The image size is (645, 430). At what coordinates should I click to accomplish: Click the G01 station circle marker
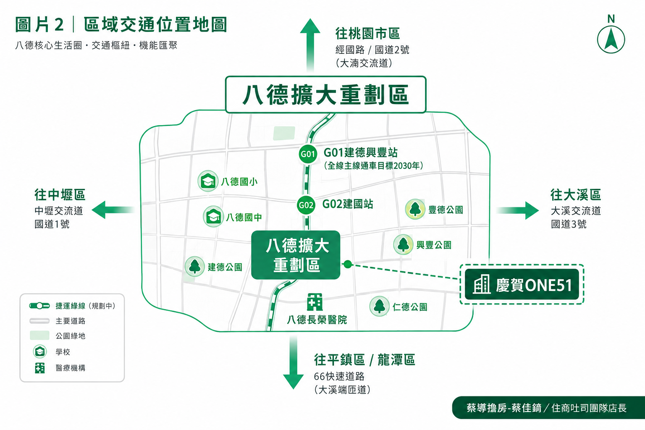[x=308, y=154]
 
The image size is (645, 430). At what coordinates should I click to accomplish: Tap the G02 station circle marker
[x=306, y=205]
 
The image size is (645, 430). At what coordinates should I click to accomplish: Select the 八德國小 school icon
[x=207, y=181]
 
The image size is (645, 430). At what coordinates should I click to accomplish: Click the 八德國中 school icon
[x=213, y=217]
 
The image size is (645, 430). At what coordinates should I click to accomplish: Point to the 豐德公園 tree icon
[x=415, y=209]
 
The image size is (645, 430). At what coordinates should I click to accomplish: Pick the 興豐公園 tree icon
[x=403, y=244]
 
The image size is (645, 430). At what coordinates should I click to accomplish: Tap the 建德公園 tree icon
[x=195, y=266]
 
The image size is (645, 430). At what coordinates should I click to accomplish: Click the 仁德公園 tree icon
[x=379, y=306]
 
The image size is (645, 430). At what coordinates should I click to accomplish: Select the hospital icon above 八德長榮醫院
[x=315, y=302]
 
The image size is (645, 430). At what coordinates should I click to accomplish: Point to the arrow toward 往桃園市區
[x=310, y=45]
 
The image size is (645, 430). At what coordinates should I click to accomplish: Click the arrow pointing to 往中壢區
[x=113, y=210]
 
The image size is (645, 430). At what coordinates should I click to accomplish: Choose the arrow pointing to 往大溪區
[x=517, y=210]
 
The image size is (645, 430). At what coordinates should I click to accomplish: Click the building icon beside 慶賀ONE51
[x=482, y=284]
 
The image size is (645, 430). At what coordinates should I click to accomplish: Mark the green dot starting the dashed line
[x=348, y=264]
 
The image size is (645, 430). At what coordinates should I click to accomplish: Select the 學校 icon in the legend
[x=40, y=351]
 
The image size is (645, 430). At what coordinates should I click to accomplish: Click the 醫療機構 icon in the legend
[x=40, y=368]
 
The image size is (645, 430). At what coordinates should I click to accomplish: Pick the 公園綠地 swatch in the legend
[x=40, y=336]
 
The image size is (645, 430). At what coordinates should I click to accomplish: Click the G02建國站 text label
[x=348, y=204]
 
